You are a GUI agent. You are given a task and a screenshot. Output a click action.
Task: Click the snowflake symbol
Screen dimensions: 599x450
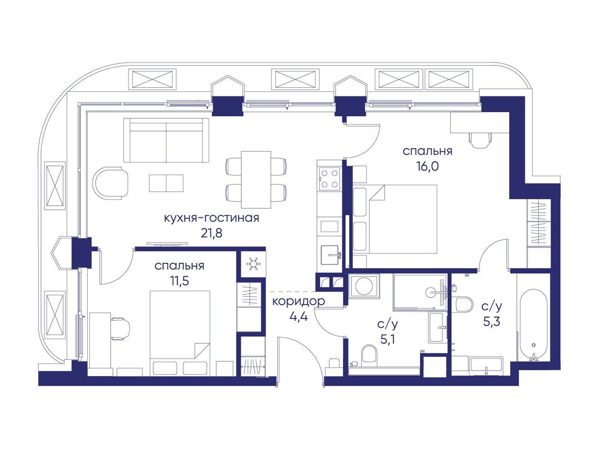point(253,264)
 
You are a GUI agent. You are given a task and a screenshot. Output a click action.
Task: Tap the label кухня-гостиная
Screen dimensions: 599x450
point(211,218)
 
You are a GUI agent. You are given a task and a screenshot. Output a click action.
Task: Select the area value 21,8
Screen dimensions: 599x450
point(212,234)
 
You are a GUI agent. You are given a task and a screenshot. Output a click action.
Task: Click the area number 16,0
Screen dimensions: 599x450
point(428,166)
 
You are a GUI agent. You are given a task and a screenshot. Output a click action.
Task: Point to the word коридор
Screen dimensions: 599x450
point(298,302)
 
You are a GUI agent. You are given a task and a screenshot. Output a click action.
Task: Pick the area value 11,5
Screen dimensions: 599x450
point(179,281)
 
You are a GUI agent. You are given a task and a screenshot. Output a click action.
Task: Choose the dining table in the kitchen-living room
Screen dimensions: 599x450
point(256,180)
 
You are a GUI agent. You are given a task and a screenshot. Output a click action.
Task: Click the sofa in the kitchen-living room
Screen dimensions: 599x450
point(166,140)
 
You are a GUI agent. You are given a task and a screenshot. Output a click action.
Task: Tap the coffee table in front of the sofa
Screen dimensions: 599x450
point(166,183)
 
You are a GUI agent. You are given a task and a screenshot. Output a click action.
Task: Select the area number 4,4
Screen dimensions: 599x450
point(298,317)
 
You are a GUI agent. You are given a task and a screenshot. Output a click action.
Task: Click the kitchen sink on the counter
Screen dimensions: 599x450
point(330,255)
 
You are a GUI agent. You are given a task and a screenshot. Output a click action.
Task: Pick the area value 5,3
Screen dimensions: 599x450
point(492,322)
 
